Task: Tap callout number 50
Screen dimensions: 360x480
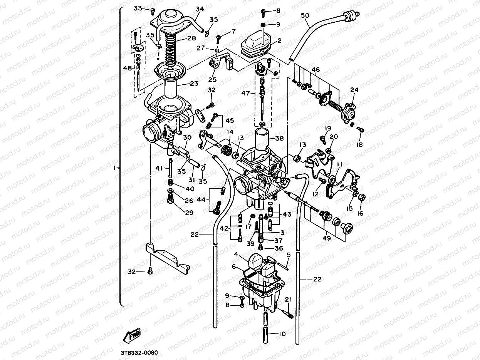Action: point(305,15)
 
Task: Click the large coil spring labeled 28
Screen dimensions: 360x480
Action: point(170,48)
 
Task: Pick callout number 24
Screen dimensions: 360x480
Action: point(354,90)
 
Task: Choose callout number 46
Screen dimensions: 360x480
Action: point(316,70)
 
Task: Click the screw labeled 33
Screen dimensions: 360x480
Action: point(152,11)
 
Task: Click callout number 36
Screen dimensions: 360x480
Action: point(279,248)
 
